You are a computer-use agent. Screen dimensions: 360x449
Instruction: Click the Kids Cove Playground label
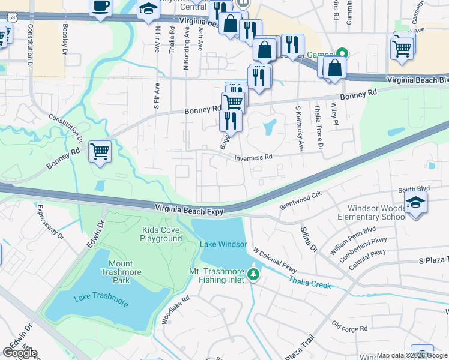[x=161, y=234]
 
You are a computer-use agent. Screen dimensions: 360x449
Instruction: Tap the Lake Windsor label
[x=223, y=244]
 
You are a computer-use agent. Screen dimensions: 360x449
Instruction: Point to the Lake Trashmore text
[x=101, y=301]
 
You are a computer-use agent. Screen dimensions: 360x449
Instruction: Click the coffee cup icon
[x=101, y=7]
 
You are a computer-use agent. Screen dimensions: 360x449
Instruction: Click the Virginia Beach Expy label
[x=189, y=211]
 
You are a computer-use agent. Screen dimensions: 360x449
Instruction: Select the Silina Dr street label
[x=308, y=238]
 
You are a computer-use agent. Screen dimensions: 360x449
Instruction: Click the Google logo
[x=20, y=353]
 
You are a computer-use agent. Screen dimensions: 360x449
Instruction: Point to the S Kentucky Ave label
[x=298, y=128]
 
